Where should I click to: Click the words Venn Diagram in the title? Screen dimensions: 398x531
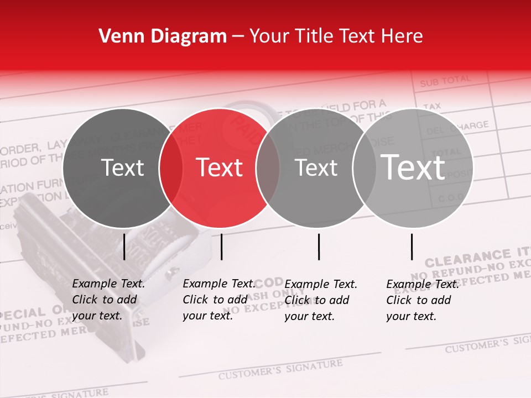point(163,36)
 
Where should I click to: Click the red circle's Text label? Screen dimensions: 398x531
point(220,167)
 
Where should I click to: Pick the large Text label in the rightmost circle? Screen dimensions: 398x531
point(413,167)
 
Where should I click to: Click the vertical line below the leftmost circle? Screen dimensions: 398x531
point(124,247)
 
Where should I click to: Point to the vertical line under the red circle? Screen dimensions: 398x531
point(221,247)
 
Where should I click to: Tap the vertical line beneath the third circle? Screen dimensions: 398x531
point(319,247)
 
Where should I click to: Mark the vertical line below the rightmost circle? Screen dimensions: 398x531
point(412,247)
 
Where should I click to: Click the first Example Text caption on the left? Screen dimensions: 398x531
point(108,300)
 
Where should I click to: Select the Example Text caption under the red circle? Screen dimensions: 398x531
point(219,300)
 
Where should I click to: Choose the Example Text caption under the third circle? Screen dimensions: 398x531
point(321,300)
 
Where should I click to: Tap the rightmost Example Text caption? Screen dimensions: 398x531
point(423,300)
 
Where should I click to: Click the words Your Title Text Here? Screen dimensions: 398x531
point(336,36)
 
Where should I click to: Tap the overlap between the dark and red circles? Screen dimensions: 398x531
point(171,168)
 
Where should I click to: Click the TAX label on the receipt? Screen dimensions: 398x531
point(432,106)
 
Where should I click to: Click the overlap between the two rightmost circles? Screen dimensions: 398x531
point(365,168)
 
